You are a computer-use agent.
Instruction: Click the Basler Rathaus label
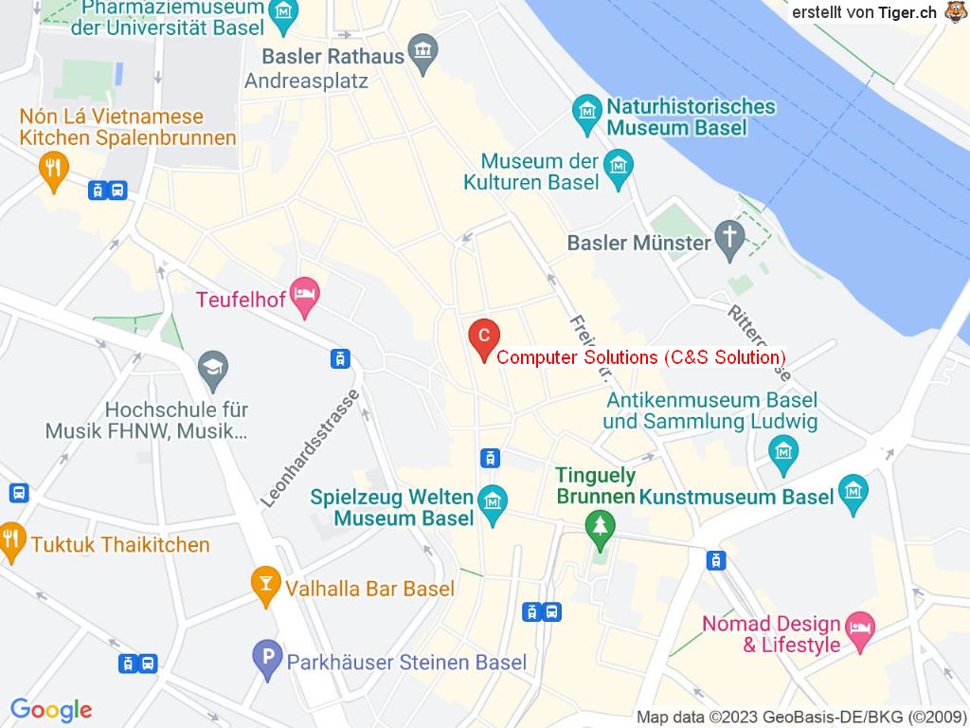pos(332,56)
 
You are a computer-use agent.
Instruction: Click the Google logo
pos(51,710)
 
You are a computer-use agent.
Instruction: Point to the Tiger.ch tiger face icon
pos(955,11)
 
